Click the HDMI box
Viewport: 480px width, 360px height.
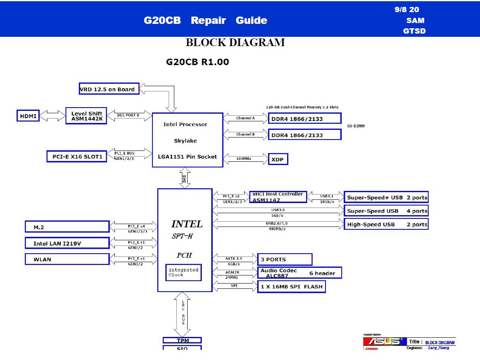[x=28, y=116]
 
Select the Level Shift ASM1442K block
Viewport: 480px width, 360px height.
[x=86, y=116]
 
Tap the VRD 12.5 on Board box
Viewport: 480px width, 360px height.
[x=109, y=89]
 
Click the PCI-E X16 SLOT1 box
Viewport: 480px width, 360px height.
[x=77, y=156]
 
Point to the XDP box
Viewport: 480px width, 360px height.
[x=278, y=159]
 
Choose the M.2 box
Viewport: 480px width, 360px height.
[x=67, y=227]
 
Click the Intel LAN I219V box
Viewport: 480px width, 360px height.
[x=67, y=243]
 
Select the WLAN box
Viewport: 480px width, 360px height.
[x=67, y=259]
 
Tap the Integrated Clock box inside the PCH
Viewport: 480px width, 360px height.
[x=184, y=272]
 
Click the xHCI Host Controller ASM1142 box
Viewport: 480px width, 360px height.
[x=278, y=197]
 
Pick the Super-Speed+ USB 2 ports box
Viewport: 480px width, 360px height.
[x=386, y=198]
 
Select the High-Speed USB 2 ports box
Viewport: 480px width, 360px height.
[x=386, y=224]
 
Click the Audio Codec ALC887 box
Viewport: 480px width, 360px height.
[x=299, y=273]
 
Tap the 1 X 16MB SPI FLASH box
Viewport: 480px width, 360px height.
[x=291, y=287]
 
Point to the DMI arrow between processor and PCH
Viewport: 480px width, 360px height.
[x=184, y=178]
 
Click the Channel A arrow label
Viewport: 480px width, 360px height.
[x=245, y=118]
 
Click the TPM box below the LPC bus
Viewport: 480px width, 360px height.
[x=182, y=341]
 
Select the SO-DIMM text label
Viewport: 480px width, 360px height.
[x=356, y=126]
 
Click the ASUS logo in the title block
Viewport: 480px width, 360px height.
[x=382, y=342]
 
